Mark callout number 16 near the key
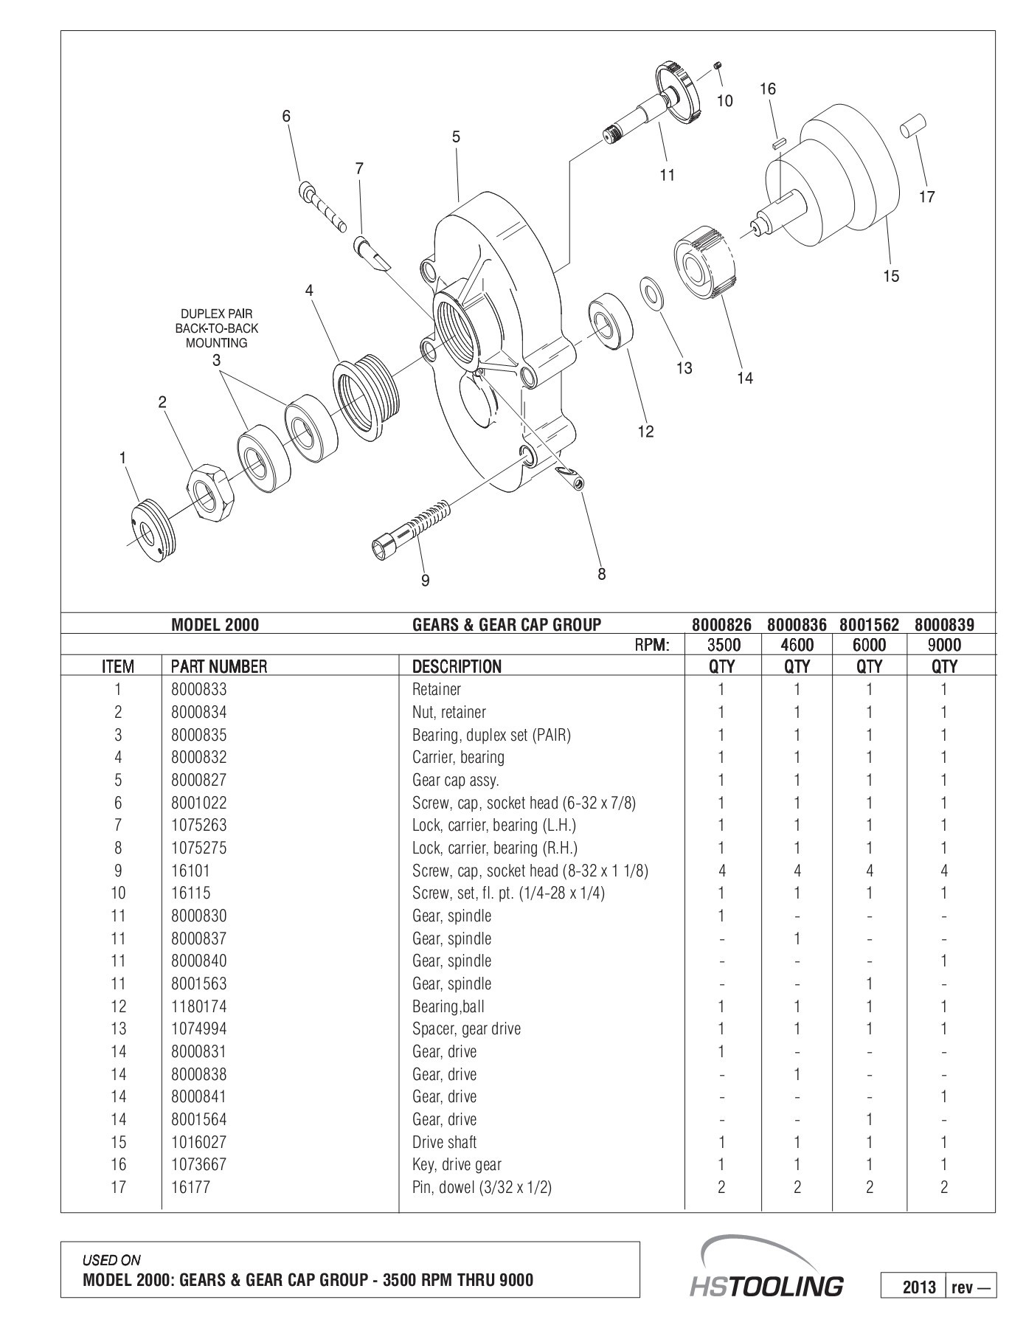[767, 89]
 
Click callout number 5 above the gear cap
[456, 136]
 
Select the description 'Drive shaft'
[444, 1142]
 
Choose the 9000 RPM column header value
[944, 645]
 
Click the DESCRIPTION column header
[457, 666]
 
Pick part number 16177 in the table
[190, 1187]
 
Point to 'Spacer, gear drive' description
[466, 1028]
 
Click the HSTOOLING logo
[767, 1285]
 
